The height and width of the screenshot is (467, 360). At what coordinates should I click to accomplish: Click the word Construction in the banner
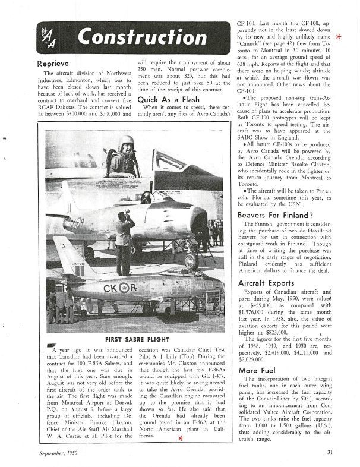(x=130, y=39)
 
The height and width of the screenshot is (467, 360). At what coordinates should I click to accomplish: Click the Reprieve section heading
(x=54, y=62)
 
